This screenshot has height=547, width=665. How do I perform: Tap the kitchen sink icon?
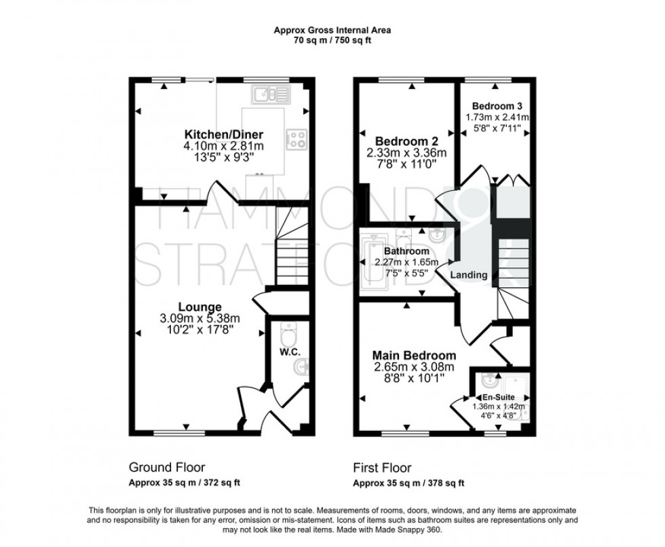269,94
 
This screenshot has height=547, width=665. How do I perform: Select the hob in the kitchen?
297,138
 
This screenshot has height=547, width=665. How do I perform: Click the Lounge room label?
199,307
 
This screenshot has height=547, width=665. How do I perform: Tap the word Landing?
469,275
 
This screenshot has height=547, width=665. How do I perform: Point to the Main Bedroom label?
413,355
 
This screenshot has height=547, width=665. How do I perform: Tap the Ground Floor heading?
167,468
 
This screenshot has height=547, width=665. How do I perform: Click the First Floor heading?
381,468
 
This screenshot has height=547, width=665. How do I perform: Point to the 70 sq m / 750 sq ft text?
332,40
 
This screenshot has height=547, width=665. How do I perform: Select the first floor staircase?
508,271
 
